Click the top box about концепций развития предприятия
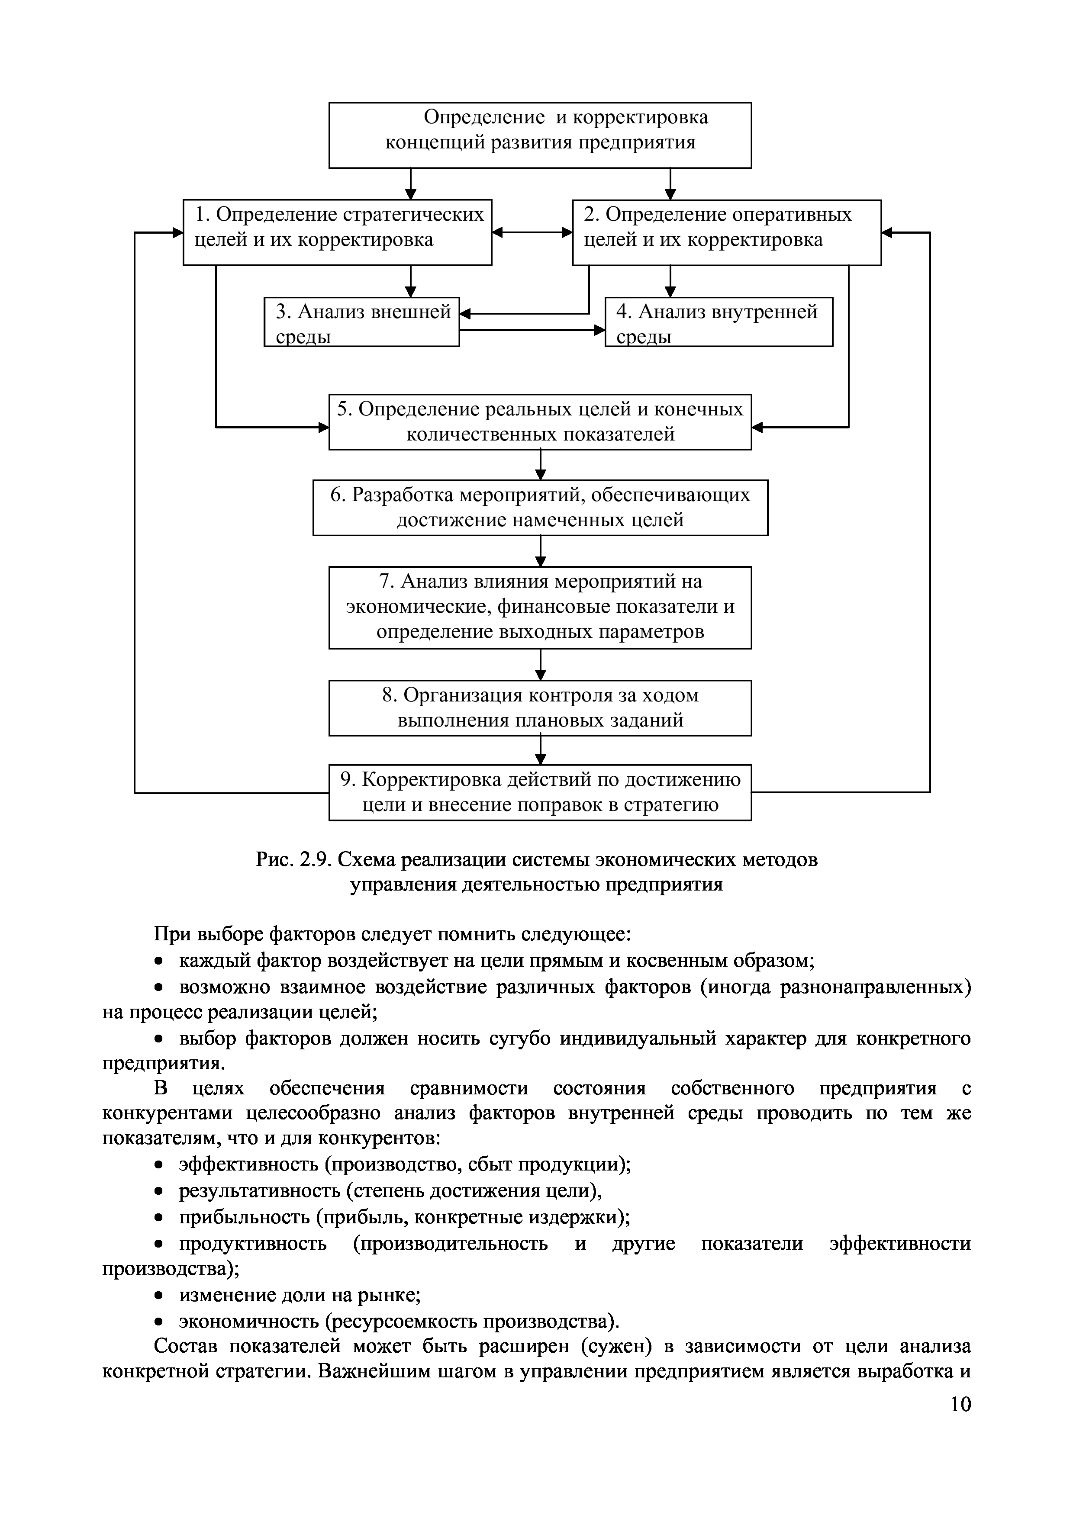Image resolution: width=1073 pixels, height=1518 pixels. [540, 135]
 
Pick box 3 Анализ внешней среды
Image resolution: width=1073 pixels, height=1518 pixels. [361, 322]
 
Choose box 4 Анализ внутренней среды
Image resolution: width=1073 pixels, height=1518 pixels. [719, 322]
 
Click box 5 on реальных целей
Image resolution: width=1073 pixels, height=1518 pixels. [540, 422]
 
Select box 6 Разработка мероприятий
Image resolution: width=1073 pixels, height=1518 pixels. [540, 507]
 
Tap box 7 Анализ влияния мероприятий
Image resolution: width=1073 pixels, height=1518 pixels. [540, 607]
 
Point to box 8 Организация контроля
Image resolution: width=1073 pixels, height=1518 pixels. [540, 708]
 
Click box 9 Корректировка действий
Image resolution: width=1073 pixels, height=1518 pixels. [540, 792]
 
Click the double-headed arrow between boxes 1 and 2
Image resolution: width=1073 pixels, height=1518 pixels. [532, 232]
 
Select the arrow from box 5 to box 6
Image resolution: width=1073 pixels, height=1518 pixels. [541, 465]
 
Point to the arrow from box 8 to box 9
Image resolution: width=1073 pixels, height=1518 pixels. [541, 750]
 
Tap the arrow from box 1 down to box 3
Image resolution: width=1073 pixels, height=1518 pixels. [411, 281]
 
